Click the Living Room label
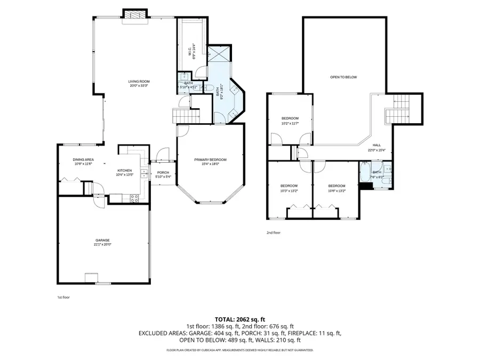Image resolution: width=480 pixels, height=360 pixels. [x=138, y=81]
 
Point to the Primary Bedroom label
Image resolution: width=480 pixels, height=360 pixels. [x=210, y=160]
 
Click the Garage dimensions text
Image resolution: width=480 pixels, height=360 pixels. [x=103, y=245]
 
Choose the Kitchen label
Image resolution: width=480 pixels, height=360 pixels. [x=124, y=171]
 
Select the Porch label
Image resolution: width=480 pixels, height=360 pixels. [x=163, y=173]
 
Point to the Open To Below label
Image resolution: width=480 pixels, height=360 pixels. [x=343, y=77]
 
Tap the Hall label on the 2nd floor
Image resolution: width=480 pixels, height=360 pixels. [x=377, y=145]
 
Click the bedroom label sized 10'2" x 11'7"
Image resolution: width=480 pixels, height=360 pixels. [x=290, y=118]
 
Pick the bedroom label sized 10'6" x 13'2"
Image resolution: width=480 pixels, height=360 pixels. [x=337, y=186]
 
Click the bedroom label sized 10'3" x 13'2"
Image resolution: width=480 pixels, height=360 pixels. [x=289, y=186]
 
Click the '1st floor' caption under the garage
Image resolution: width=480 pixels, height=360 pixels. [x=63, y=297]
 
